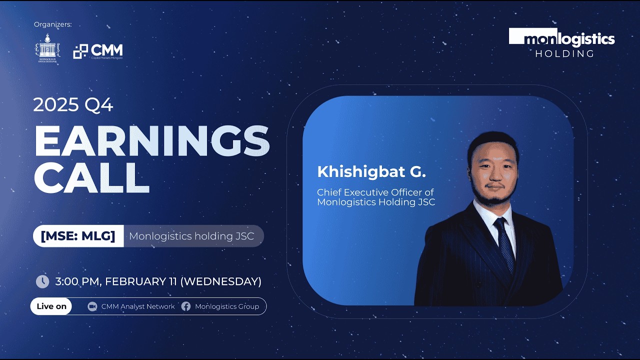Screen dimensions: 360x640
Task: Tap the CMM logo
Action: pos(98,51)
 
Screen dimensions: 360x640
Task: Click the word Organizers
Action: pos(52,24)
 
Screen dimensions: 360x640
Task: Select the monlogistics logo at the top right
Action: pos(561,38)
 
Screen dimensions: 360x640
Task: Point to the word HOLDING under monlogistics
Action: pos(564,53)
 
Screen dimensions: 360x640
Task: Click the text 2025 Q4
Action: pos(73,105)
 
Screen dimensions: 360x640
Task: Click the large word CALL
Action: pos(92,177)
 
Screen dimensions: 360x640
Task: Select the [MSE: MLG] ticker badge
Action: pos(78,236)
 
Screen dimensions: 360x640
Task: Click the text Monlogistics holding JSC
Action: pos(191,236)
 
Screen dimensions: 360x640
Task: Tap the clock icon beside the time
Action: pos(42,281)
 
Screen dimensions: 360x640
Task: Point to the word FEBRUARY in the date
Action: pos(132,281)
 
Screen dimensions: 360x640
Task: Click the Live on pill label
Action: pos(51,306)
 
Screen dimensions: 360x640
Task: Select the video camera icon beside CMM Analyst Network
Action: pos(92,306)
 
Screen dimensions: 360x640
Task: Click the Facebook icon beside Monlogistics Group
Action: pos(186,306)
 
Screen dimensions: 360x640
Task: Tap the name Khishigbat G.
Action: pos(371,172)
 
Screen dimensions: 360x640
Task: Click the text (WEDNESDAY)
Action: pos(220,281)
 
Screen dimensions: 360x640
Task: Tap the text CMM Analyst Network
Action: pos(138,306)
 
